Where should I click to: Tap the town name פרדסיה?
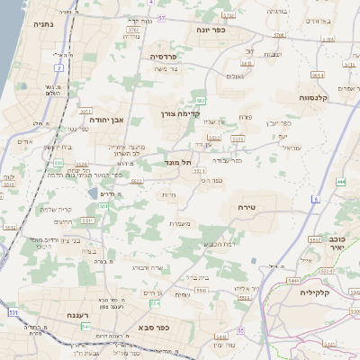(166, 56)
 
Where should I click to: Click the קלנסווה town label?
(319, 98)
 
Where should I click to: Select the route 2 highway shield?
(59, 67)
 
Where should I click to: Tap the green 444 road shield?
(341, 182)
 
